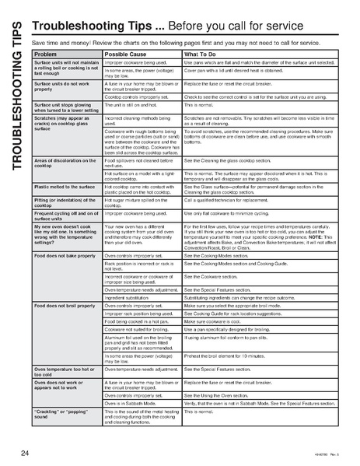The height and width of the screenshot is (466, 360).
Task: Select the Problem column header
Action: pyautogui.click(x=46, y=54)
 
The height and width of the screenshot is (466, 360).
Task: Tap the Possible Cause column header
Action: pyautogui.click(x=126, y=54)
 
